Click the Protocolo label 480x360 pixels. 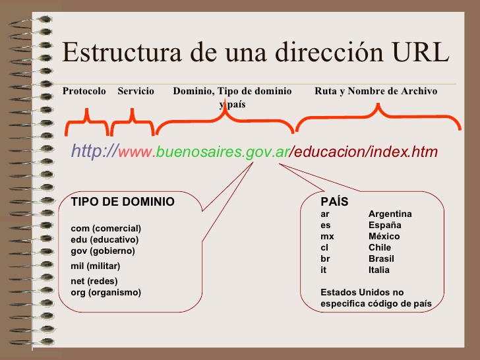(84, 91)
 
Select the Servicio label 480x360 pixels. (136, 91)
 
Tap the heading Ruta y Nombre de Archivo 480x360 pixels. (376, 91)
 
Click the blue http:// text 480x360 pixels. (94, 152)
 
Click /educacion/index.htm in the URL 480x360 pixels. (365, 152)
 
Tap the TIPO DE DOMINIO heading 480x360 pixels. (123, 202)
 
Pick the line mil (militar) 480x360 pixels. (95, 266)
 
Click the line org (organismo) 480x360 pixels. (105, 292)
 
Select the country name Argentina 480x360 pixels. (390, 214)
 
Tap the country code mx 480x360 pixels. (327, 237)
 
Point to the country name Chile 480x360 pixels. (380, 248)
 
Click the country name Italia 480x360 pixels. (379, 270)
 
